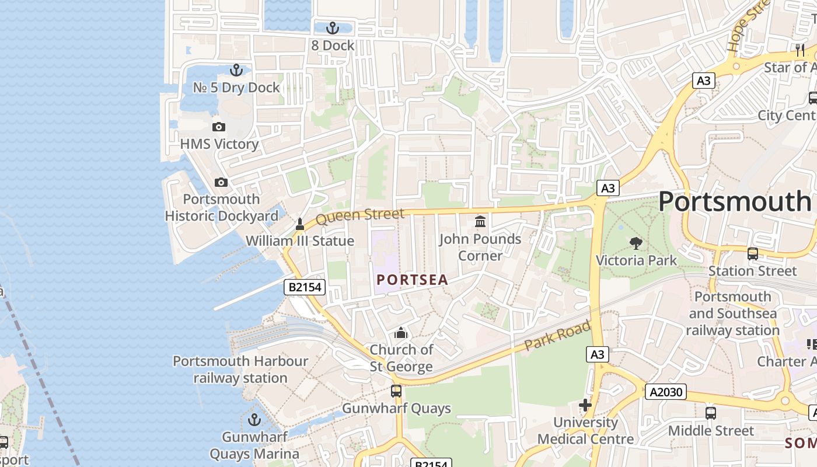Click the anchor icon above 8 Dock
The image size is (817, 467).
[332, 27]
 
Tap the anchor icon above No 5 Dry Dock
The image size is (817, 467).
[236, 70]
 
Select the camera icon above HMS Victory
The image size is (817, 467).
[219, 127]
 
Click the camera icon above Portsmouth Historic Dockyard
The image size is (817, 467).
[221, 182]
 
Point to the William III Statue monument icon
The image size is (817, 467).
[300, 224]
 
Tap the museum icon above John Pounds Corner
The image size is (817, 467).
[480, 221]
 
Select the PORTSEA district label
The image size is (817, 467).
[412, 280]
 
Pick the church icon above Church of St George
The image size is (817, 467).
[401, 333]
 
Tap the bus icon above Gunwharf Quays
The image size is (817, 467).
[396, 391]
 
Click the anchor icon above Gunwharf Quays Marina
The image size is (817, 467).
[254, 419]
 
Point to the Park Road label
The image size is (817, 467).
[558, 336]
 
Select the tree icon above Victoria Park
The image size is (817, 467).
[636, 243]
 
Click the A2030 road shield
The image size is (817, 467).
[665, 392]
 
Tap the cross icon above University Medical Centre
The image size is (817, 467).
[585, 405]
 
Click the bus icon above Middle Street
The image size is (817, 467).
[711, 413]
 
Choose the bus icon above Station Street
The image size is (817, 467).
[753, 253]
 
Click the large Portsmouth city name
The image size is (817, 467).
[734, 201]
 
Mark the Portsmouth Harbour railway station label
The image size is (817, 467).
[240, 370]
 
